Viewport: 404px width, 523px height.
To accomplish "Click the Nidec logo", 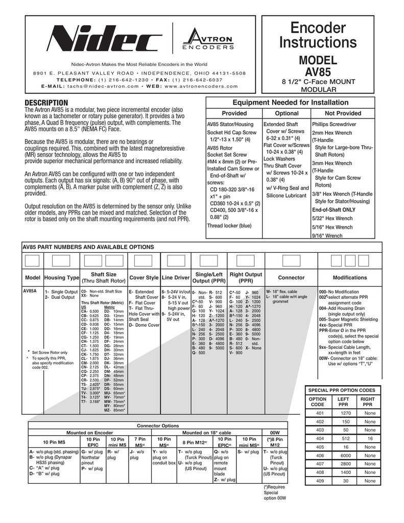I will point(110,39).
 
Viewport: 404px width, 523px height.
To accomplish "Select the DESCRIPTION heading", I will point(47,104).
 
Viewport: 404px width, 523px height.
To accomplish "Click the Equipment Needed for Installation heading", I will point(291,103).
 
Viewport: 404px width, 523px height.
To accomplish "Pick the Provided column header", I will point(233,113).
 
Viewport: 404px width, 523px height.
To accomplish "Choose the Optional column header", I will point(287,113).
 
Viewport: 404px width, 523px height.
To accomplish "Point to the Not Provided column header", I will point(343,113).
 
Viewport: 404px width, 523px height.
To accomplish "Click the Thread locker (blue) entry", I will point(229,226).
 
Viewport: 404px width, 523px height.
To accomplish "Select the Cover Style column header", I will point(144,278).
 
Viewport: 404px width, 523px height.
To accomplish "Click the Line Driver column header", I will point(176,278).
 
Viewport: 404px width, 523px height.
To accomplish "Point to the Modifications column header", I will point(350,278).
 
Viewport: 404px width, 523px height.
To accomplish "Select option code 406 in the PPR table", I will point(320,456).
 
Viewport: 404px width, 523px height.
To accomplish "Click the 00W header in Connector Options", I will point(275,433).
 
